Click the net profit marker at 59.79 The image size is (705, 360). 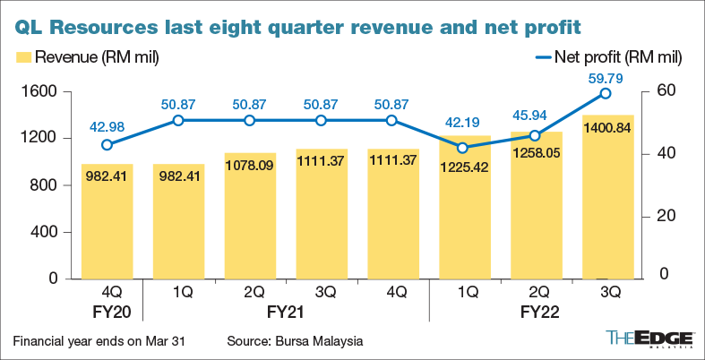click(606, 93)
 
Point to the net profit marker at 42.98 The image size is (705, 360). click(107, 145)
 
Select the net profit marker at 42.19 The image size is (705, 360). click(463, 148)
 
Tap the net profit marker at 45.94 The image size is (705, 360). click(535, 136)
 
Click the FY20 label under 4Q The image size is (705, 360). click(107, 314)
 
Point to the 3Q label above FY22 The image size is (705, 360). click(606, 293)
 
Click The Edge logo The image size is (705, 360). click(650, 339)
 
